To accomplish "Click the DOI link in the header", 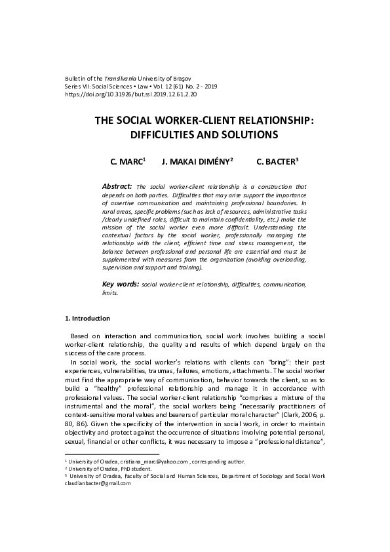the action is click(131, 94).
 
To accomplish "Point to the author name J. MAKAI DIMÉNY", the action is click(191, 161).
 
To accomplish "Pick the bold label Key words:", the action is click(121, 285).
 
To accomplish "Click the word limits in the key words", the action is click(113, 293).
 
